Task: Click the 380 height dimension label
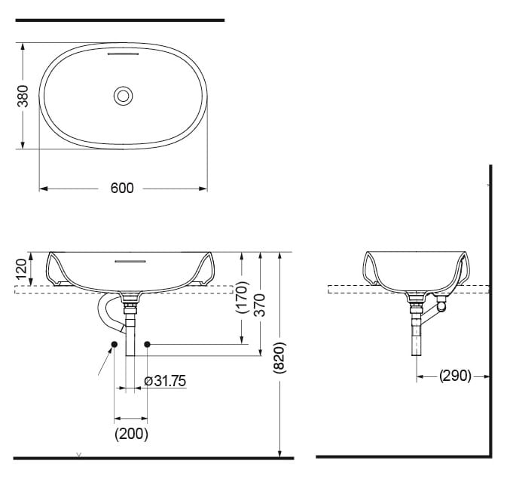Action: [x=23, y=96]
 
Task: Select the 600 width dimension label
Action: [x=122, y=188]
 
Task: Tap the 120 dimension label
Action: [x=21, y=268]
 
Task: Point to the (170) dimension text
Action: [x=242, y=297]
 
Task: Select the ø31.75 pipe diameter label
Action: [x=164, y=381]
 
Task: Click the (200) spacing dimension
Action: [x=131, y=434]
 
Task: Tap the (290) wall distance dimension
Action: [x=455, y=375]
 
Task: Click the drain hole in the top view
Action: [x=123, y=96]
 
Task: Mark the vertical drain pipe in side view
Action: [x=415, y=332]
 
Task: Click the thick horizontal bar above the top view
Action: [x=120, y=20]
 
